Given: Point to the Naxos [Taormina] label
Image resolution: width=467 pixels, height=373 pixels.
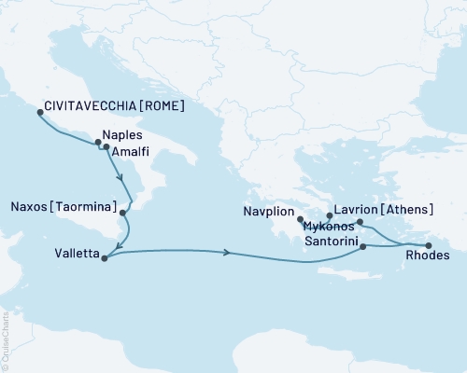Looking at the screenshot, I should (64, 205).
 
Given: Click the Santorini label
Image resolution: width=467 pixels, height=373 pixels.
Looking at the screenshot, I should (328, 239).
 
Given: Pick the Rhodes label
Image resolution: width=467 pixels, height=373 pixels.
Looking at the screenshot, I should (431, 256).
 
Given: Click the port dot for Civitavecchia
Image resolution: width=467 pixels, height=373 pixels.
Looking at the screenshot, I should (40, 112).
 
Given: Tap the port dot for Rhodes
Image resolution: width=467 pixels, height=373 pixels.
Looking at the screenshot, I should (429, 245).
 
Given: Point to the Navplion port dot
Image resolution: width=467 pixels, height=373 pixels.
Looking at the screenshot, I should (299, 221).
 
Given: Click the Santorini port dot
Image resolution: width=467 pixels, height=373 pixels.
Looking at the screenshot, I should (363, 246).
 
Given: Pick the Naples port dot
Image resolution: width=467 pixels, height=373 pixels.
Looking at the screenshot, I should (98, 143).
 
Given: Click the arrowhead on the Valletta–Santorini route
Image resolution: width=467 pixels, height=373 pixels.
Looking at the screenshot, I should (228, 252).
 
